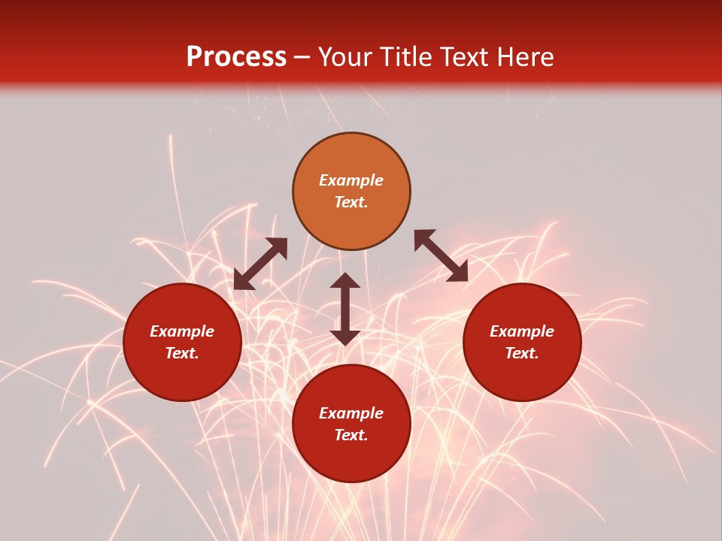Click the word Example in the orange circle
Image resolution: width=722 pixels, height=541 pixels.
[351, 180]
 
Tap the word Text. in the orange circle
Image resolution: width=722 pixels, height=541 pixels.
[351, 202]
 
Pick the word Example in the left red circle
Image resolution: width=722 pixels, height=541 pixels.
[182, 331]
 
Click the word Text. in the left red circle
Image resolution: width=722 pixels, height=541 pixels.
[182, 353]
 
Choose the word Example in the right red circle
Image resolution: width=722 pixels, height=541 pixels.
[522, 331]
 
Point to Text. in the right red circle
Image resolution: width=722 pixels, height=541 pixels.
[522, 353]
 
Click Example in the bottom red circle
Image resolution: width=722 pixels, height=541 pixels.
[351, 413]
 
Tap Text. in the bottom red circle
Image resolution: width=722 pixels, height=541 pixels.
[351, 435]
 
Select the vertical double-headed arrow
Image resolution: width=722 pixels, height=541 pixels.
[345, 309]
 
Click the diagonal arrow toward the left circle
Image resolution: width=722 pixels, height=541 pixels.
[260, 264]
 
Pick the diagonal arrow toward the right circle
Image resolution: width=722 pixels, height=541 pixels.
[441, 255]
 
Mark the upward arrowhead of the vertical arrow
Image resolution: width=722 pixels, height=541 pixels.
[345, 281]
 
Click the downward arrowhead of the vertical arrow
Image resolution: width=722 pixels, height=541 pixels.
[345, 337]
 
